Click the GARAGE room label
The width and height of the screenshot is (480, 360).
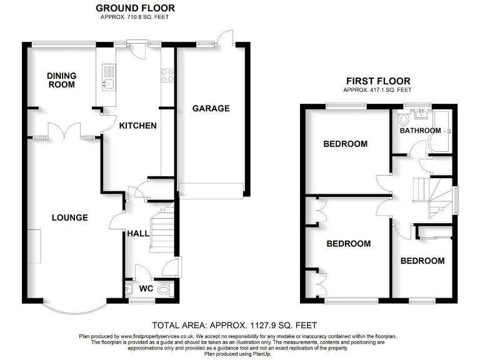point(211,108)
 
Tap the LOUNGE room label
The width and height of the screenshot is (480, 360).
point(69,217)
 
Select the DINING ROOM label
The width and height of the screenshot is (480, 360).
point(61,80)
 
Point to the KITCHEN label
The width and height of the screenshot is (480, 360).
point(138,126)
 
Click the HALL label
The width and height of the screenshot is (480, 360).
point(137,233)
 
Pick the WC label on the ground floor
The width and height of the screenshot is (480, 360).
point(146,289)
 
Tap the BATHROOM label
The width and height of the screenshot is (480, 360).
point(419,131)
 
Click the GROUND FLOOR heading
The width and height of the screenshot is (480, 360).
point(135,8)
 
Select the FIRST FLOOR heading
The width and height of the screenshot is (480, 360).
point(378,81)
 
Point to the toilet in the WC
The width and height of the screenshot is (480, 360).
point(164,289)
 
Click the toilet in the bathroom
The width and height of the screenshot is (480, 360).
point(402,117)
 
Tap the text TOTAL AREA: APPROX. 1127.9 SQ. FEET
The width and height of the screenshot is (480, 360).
point(235,325)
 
